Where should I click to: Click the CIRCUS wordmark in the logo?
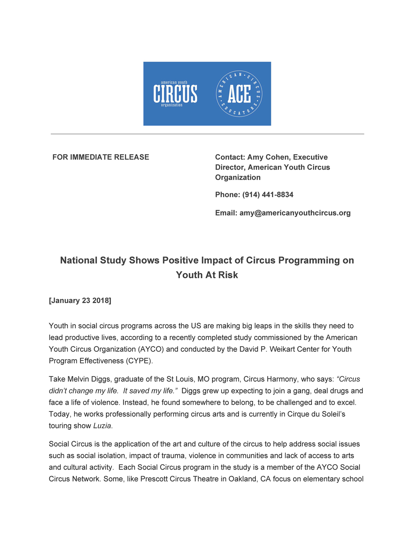click(175, 94)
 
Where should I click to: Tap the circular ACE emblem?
click(239, 94)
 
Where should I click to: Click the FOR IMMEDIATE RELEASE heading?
click(101, 157)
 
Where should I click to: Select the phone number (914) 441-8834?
click(268, 195)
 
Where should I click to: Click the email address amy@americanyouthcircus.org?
click(295, 213)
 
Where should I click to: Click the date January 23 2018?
click(80, 300)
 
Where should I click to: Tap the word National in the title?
click(78, 260)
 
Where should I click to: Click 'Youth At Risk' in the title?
click(207, 275)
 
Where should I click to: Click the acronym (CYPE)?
click(139, 361)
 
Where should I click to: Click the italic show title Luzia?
click(102, 426)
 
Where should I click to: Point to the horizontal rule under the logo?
click(207, 134)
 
